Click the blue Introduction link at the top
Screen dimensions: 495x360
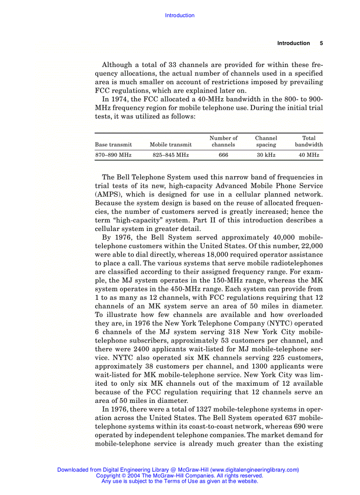pos(180,15)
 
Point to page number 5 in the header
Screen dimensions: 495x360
pos(321,43)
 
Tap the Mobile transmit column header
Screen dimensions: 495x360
pos(171,145)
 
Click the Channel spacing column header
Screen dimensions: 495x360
pos(266,141)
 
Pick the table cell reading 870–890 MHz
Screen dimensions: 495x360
pos(113,155)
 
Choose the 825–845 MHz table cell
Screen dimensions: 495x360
pos(171,155)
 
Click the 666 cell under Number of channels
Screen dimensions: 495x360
pos(223,155)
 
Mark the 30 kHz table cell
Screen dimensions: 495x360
pos(266,155)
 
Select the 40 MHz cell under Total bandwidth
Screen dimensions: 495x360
pos(309,155)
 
